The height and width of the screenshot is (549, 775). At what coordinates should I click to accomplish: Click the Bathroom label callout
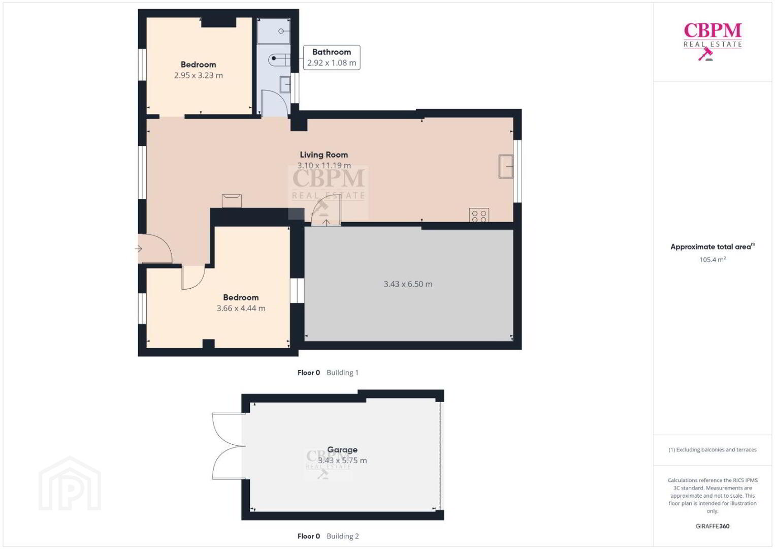332,57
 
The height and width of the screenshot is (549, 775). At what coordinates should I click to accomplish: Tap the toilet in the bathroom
279,60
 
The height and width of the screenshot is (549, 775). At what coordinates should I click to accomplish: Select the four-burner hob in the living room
479,215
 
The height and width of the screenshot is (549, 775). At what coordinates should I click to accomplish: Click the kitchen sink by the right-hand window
505,167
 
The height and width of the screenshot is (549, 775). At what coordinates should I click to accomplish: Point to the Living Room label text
324,155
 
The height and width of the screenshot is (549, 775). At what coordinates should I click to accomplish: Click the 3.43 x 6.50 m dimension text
408,284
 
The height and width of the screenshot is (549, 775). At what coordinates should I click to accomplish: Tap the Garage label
342,449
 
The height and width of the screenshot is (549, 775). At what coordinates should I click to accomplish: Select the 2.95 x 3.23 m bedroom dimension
198,75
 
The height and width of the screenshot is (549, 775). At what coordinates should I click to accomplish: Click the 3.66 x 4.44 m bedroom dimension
241,308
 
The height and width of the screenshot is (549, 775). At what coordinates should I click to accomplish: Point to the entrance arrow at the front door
138,249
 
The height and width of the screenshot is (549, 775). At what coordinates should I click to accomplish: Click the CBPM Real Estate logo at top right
713,41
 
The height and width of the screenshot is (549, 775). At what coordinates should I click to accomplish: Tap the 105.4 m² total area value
713,259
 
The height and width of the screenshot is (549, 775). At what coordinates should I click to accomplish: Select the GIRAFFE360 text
713,526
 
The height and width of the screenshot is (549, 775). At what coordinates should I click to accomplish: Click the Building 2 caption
342,536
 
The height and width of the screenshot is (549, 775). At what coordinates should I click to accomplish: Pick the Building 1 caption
342,373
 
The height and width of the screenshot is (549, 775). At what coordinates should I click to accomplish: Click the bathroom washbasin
285,84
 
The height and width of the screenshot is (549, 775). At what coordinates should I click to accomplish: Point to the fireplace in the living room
232,201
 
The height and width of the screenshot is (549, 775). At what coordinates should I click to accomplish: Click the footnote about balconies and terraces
713,449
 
